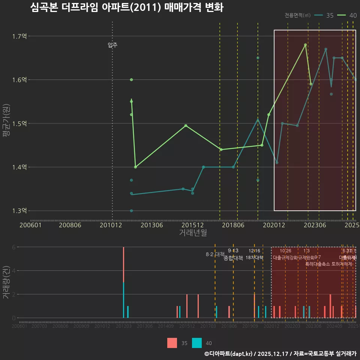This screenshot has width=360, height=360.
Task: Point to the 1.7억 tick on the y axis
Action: (x=19, y=36)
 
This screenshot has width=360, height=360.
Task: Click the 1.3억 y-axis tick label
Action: (x=19, y=211)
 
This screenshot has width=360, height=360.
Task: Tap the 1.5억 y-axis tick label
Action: (x=19, y=123)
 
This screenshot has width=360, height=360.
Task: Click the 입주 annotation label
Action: (x=112, y=45)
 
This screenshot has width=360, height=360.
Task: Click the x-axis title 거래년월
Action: (x=193, y=233)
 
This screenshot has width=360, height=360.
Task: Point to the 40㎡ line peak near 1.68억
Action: (x=305, y=45)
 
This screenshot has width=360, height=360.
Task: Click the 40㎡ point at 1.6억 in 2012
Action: (x=131, y=80)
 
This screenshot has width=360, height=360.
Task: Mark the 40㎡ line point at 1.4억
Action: (x=135, y=167)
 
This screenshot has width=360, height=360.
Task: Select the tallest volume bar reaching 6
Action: (x=123, y=262)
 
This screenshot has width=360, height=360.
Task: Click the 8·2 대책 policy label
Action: (x=214, y=254)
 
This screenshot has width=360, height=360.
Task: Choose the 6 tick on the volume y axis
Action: (x=13, y=247)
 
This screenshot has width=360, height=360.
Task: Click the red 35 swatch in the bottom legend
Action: (x=172, y=343)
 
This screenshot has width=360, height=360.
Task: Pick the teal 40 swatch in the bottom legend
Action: (x=197, y=343)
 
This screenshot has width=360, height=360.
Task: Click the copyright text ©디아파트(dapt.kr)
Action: (x=229, y=354)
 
